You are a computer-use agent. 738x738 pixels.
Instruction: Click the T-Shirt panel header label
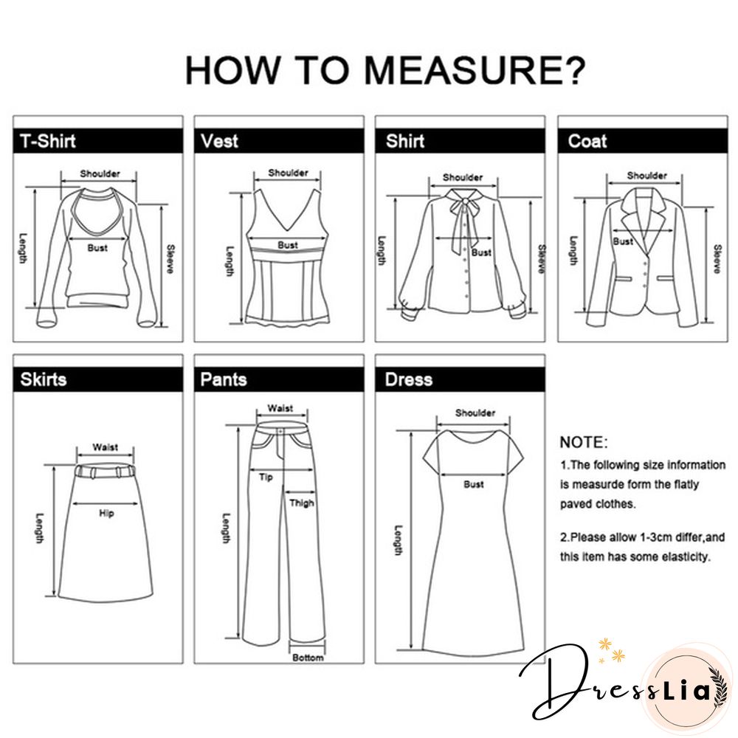tap(47, 141)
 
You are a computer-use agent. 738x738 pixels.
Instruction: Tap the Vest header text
tap(219, 141)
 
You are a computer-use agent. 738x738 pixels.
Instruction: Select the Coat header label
tap(587, 141)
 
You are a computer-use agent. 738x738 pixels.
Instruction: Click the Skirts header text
tap(44, 379)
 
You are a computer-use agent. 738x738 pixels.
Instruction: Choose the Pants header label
tap(223, 379)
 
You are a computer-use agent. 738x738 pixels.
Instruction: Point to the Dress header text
tap(408, 379)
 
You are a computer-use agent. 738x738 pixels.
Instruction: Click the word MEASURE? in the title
tap(475, 69)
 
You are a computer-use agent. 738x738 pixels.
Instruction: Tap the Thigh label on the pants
tap(302, 503)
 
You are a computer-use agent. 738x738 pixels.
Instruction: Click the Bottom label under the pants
tap(308, 658)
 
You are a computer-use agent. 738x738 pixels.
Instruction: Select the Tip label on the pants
tap(266, 477)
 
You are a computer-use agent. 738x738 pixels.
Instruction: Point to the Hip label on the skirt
tap(106, 513)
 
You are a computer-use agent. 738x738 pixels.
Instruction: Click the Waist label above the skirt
tap(105, 447)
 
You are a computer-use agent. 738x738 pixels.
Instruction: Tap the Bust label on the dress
tap(474, 484)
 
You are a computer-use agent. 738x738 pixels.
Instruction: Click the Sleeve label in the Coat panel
tap(717, 259)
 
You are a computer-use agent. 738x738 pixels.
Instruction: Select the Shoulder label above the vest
tap(288, 173)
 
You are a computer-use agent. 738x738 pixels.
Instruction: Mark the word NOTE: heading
tap(584, 442)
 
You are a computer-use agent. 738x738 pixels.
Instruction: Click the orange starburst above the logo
tap(604, 644)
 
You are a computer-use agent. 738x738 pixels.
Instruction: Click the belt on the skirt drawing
tap(105, 471)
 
